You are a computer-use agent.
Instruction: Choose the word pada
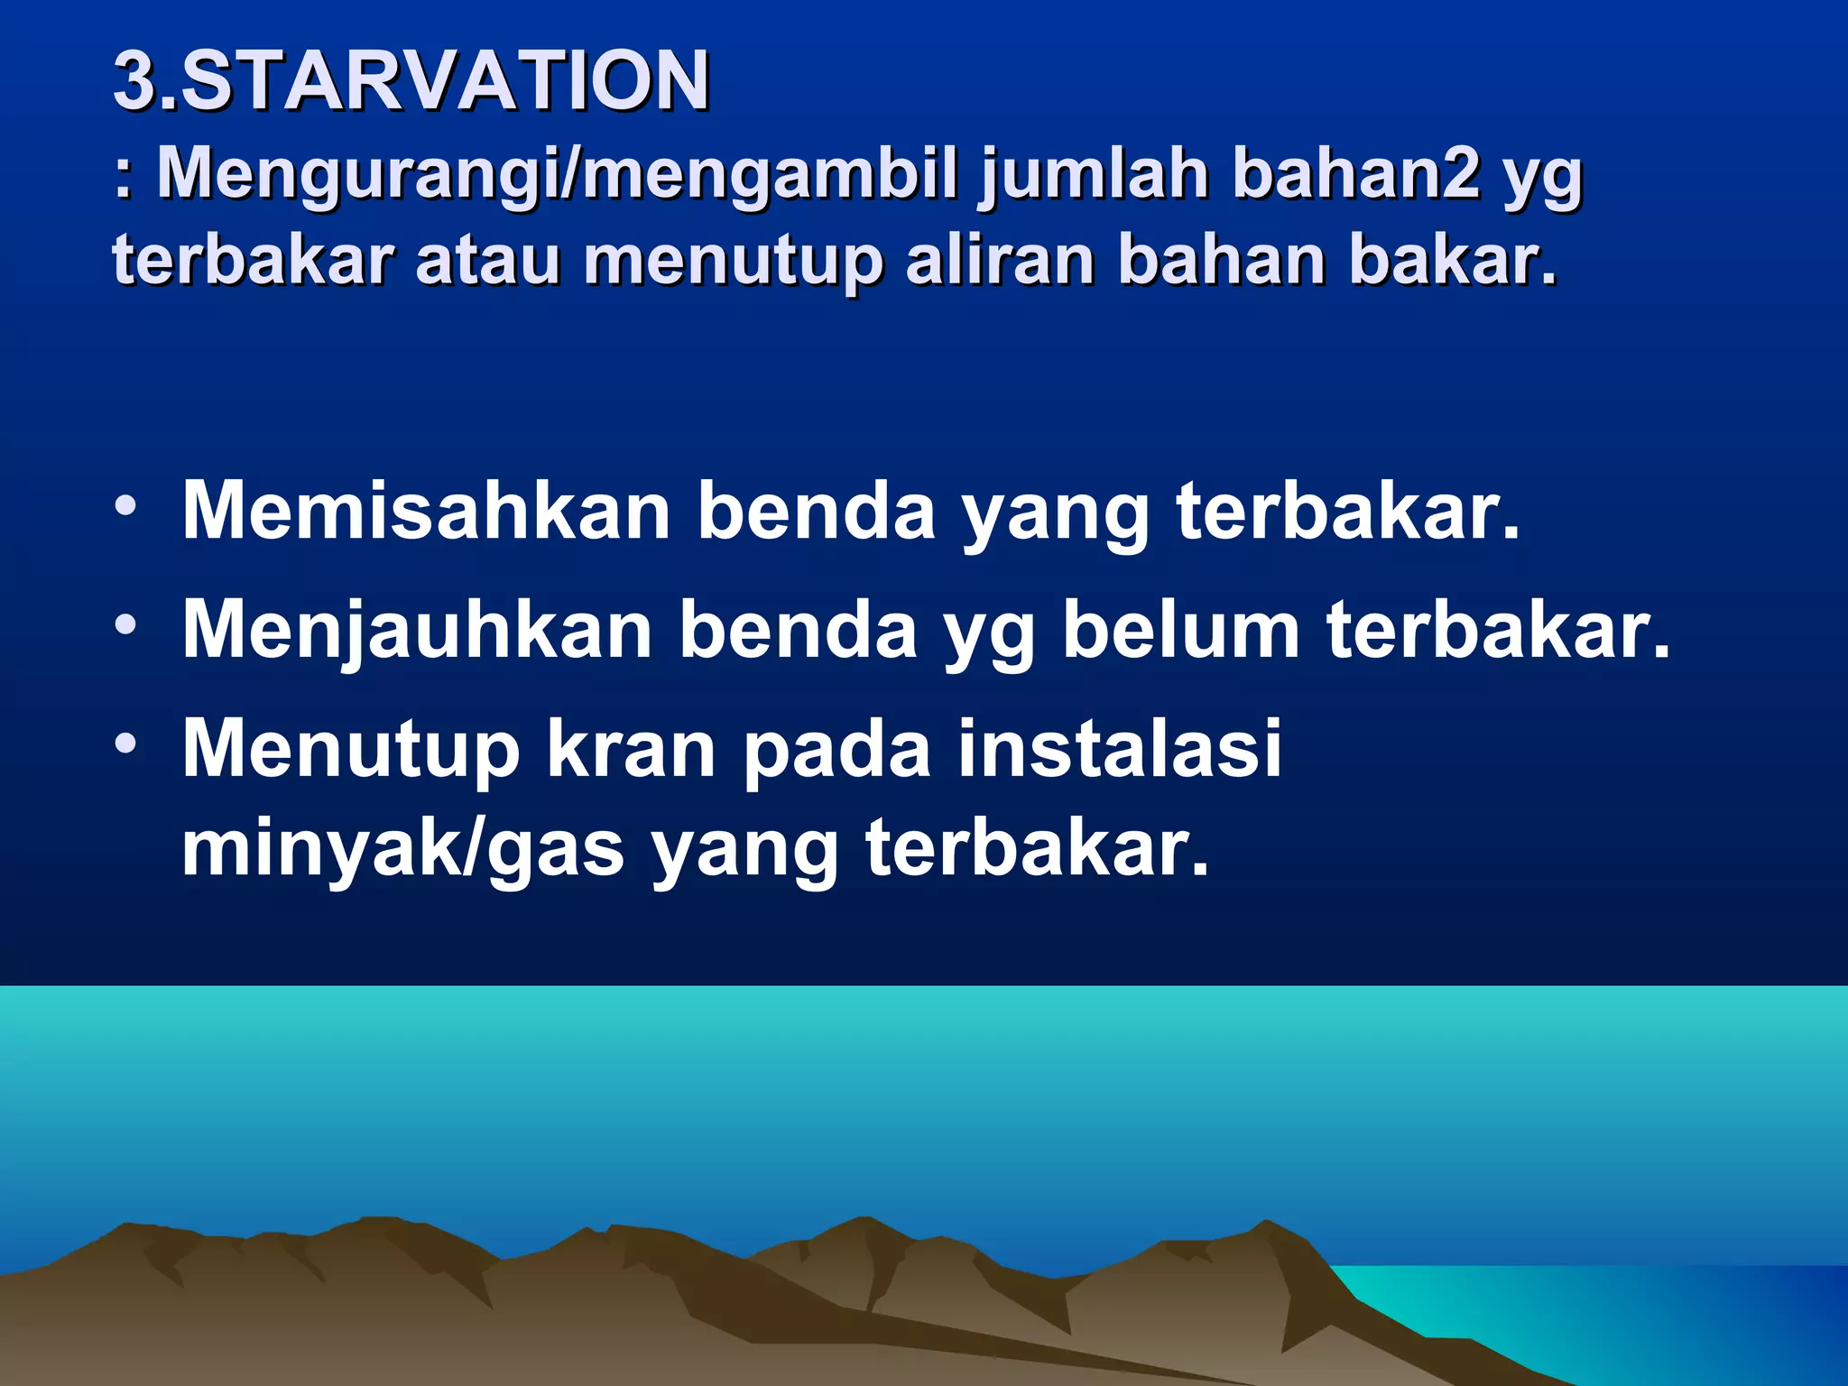coord(836,752)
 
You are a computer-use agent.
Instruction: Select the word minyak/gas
coord(402,848)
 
